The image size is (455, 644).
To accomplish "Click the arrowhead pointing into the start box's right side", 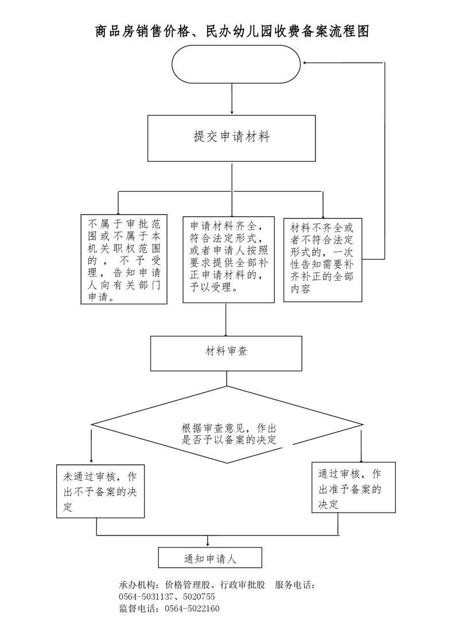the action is [x=305, y=63].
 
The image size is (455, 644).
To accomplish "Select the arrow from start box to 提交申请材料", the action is [x=232, y=99].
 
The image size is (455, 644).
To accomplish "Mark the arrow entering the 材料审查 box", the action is [x=226, y=320].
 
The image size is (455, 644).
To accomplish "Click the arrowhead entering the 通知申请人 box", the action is [x=208, y=544].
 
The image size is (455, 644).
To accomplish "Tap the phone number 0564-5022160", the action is [x=192, y=608].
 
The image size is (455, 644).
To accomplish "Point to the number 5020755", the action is [x=199, y=597].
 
